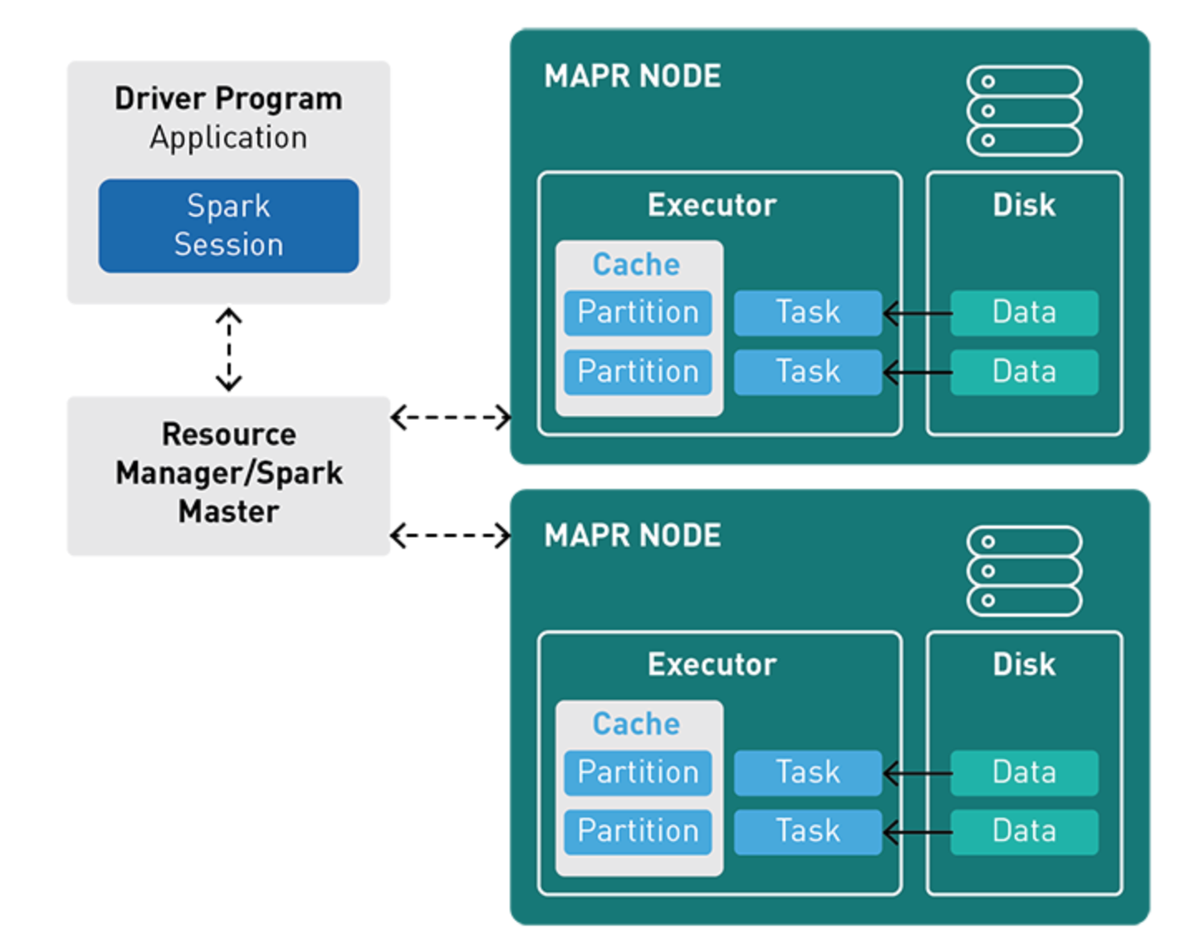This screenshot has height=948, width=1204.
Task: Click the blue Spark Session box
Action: [229, 226]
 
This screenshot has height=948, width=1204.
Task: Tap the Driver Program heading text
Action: [229, 99]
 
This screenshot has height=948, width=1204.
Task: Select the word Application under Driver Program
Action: [229, 138]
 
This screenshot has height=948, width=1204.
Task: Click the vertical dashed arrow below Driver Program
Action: [229, 349]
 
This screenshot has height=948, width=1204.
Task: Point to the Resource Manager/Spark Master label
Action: [229, 472]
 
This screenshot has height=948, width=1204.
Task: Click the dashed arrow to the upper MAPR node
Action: [450, 418]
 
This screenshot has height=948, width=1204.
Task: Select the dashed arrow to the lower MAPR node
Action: [450, 535]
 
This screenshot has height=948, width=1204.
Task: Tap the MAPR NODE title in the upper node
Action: [632, 76]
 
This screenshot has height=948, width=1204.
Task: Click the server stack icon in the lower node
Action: [1024, 570]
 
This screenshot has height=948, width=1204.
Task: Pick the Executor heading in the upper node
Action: [712, 205]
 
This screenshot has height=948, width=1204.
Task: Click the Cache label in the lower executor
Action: [637, 724]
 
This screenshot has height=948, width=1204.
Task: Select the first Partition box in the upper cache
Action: [638, 313]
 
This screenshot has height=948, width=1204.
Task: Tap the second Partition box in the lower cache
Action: [638, 832]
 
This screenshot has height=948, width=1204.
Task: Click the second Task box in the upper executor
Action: [808, 372]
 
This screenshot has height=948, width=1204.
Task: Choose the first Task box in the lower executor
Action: [808, 772]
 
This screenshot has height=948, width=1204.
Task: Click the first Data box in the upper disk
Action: [1025, 313]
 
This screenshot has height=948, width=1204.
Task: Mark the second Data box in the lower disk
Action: [1025, 832]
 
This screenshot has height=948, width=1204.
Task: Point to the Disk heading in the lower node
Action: [1024, 664]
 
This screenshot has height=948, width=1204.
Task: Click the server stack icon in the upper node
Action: [1024, 110]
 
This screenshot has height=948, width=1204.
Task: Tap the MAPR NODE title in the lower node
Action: [632, 535]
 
